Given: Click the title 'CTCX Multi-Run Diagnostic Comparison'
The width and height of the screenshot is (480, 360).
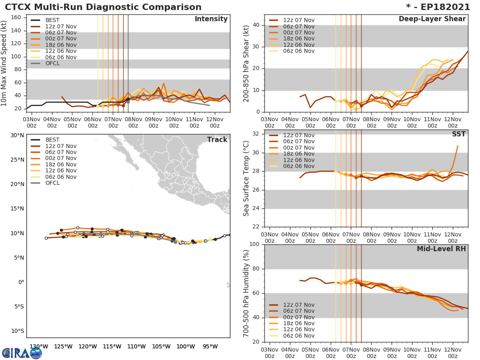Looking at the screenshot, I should click(x=103, y=7).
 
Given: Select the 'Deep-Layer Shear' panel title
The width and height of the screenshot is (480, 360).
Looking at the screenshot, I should click(x=432, y=19).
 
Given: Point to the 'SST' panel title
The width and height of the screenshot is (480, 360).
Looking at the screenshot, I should click(x=459, y=134).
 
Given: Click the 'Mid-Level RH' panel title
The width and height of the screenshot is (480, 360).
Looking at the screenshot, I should click(x=441, y=249).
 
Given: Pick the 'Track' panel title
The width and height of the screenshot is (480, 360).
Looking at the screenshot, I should click(x=217, y=140).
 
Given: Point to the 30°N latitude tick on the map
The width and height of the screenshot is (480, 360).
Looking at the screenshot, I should click(x=17, y=135).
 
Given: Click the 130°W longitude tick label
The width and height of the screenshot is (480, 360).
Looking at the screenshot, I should click(x=39, y=346).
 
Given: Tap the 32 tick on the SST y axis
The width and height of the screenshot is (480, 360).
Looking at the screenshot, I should click(x=257, y=134).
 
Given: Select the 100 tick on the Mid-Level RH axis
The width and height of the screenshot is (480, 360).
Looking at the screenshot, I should click(x=255, y=244).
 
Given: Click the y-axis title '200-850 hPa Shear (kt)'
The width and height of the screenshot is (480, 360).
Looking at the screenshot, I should click(x=246, y=63).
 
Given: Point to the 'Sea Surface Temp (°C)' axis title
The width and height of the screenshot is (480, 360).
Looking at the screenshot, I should click(x=246, y=178).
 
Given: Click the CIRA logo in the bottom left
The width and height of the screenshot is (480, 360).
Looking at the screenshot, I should click(x=22, y=353).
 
